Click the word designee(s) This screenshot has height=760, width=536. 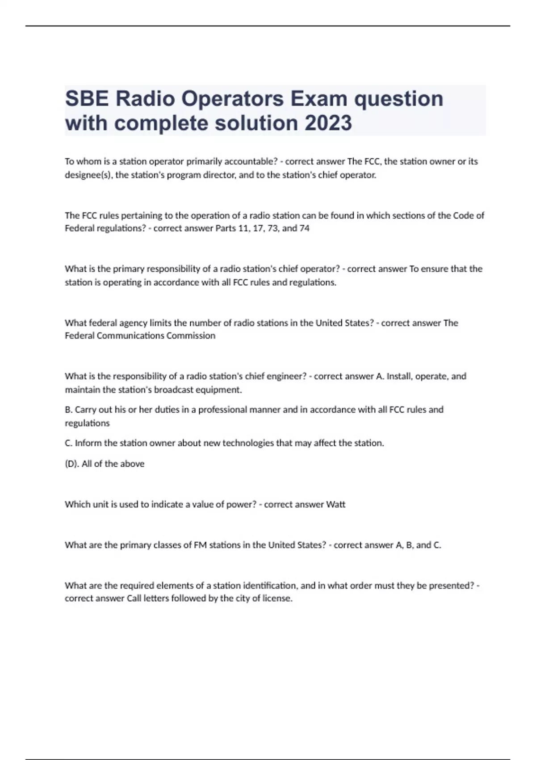pyautogui.click(x=89, y=175)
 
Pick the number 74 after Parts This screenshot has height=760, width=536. pyautogui.click(x=304, y=228)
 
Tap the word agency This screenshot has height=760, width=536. pyautogui.click(x=133, y=323)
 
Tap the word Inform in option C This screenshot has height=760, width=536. pyautogui.click(x=88, y=443)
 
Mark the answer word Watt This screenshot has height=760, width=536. pyautogui.click(x=336, y=504)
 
